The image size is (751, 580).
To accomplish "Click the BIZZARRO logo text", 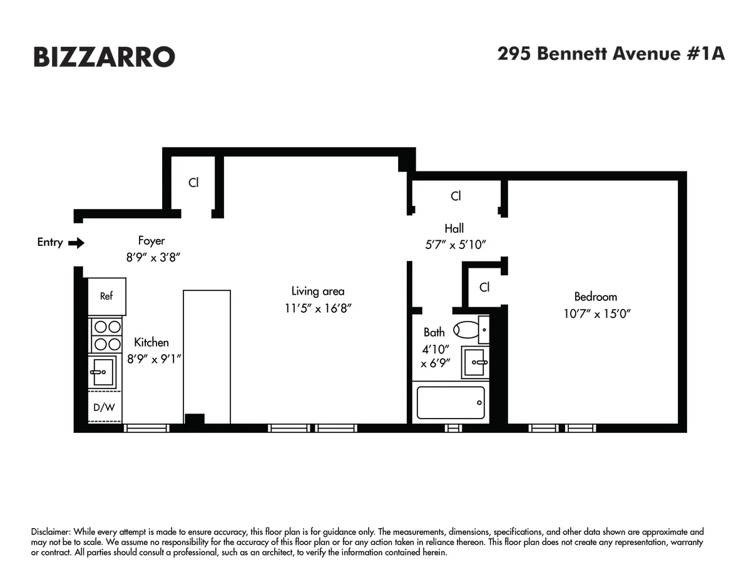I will click(104, 57).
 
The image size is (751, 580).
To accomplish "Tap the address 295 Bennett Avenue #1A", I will click(611, 54).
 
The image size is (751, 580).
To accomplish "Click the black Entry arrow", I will click(76, 243).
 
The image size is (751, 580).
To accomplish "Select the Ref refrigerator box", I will click(106, 297).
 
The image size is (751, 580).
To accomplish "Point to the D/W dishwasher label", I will click(104, 407).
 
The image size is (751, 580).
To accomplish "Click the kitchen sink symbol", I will click(103, 372).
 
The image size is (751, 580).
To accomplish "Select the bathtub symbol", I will click(451, 402).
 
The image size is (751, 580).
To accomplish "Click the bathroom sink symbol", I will click(475, 363).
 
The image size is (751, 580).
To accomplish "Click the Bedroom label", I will click(595, 297).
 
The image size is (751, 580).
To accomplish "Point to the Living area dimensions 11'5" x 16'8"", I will click(318, 308).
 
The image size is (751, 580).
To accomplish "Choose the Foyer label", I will click(151, 240).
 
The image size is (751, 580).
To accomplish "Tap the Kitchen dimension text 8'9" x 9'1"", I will click(154, 359).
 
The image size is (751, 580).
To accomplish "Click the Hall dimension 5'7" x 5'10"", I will click(454, 245).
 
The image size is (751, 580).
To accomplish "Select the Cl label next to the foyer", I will click(193, 183).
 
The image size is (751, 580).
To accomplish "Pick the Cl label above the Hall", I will click(456, 196).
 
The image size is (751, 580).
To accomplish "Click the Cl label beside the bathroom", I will click(484, 287).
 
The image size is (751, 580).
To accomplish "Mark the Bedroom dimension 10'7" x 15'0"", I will click(596, 313).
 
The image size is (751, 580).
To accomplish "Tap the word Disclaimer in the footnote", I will click(51, 531).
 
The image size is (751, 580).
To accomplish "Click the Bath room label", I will click(434, 332).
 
